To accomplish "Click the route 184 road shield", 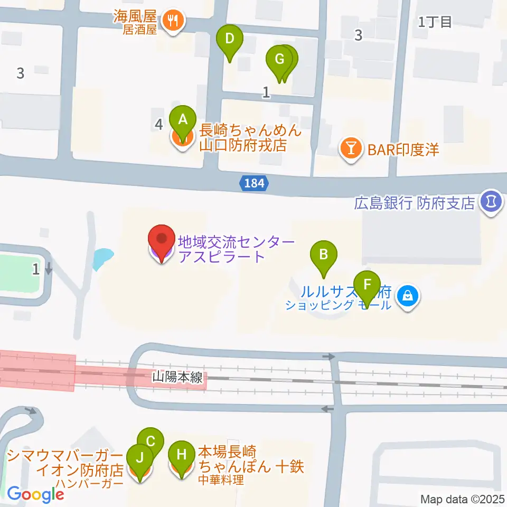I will [x=255, y=184].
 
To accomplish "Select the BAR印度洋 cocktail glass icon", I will [x=350, y=149].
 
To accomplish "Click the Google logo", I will [x=35, y=494].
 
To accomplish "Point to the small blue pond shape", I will [x=102, y=259].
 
